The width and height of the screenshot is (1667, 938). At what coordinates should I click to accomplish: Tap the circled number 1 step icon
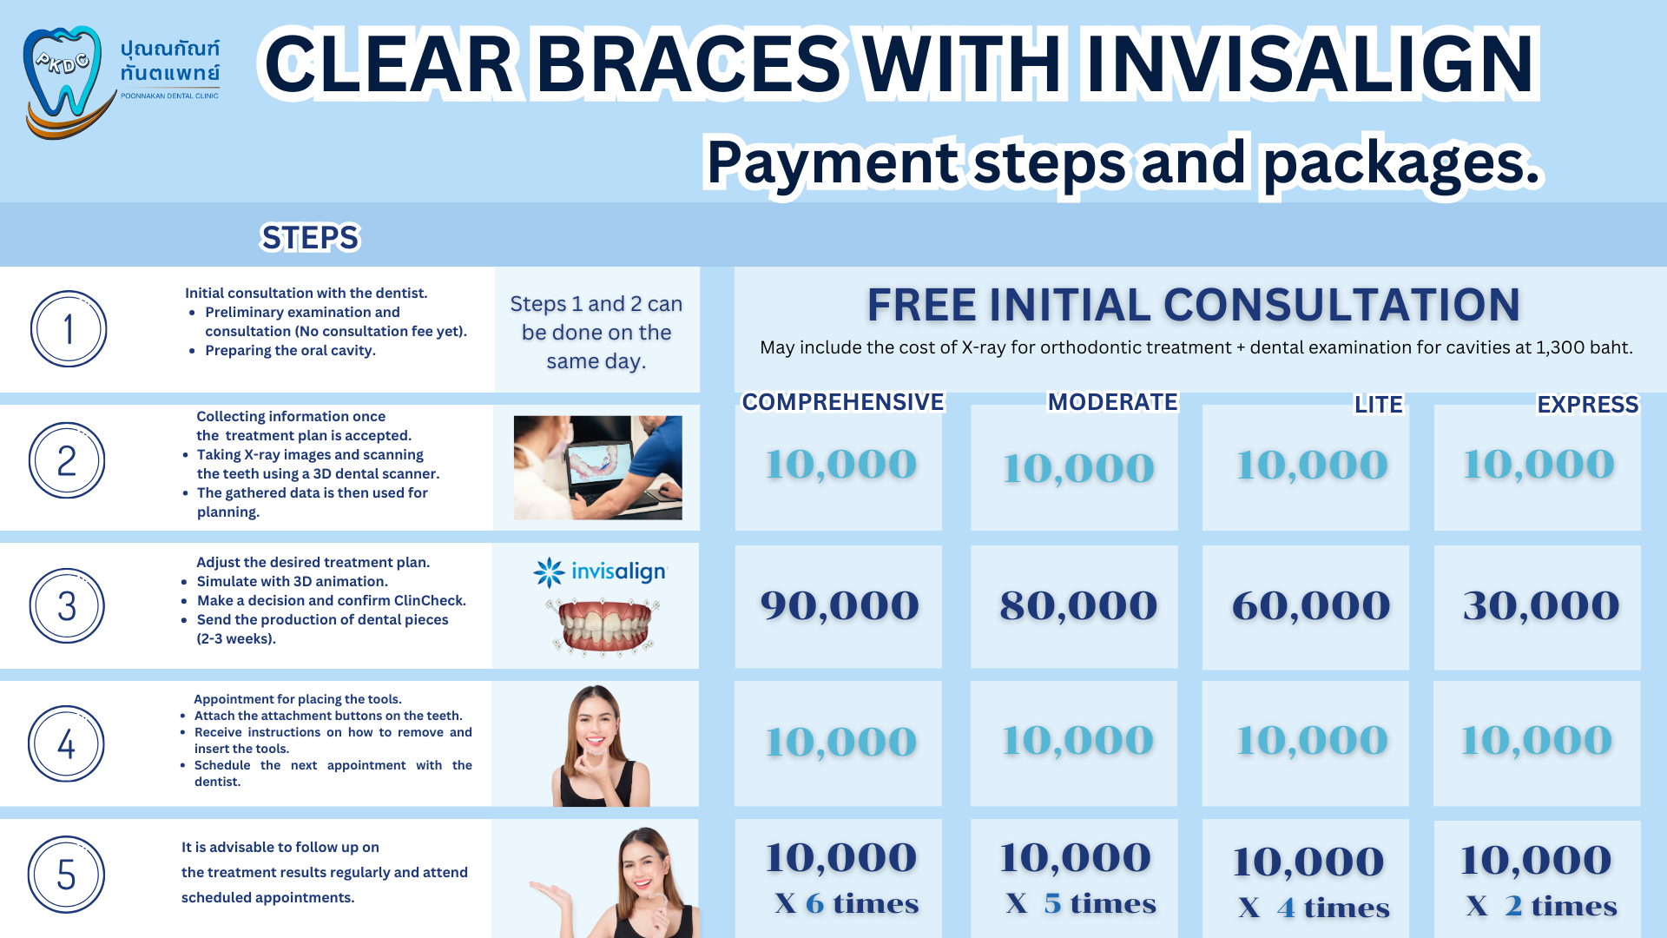click(69, 329)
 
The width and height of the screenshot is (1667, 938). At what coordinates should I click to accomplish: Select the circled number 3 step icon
click(67, 605)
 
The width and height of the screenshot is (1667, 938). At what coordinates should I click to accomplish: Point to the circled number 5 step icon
click(66, 875)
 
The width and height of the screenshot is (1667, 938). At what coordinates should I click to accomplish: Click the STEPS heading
click(310, 237)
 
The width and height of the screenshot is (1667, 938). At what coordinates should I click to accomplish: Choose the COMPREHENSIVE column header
click(842, 401)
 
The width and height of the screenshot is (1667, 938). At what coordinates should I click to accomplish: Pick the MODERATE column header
click(1112, 401)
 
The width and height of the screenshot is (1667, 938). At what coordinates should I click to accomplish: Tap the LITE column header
click(1378, 404)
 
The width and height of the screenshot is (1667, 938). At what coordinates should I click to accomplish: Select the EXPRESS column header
click(1587, 404)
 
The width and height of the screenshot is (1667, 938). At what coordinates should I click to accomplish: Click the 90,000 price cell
click(839, 605)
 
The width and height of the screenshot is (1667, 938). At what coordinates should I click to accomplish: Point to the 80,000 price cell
click(1074, 605)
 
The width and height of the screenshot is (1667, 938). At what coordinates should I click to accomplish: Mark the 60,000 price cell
click(1306, 605)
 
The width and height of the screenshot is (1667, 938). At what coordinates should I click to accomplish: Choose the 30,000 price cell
click(1537, 605)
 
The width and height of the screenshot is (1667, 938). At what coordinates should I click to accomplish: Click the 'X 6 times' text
click(847, 903)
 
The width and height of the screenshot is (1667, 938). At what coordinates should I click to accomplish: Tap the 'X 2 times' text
click(1541, 906)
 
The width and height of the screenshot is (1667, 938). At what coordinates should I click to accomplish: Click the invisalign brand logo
click(600, 572)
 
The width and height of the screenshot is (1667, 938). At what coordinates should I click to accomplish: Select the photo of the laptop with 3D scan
click(597, 467)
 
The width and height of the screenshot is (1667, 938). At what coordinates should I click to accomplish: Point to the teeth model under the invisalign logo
click(603, 624)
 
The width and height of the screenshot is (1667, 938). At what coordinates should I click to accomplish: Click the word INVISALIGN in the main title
click(1309, 63)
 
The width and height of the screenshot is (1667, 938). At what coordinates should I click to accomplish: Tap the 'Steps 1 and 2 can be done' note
click(596, 332)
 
